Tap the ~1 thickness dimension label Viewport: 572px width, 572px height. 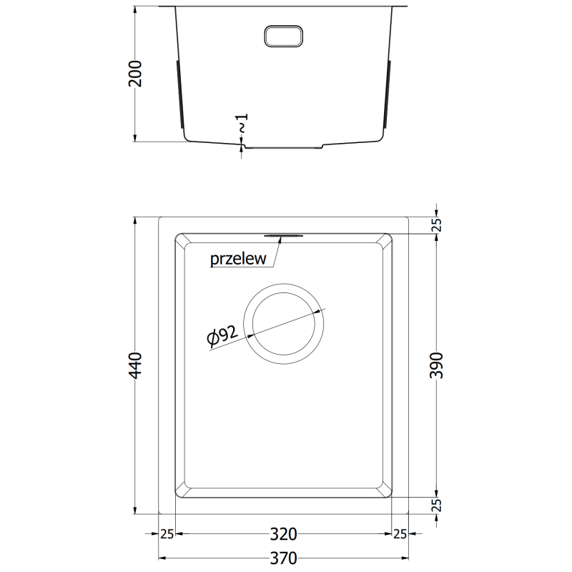click(x=242, y=124)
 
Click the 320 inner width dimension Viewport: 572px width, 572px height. click(x=283, y=534)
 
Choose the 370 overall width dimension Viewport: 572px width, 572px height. click(x=283, y=558)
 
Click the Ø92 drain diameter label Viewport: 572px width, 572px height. click(x=222, y=335)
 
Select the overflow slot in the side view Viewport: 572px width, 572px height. click(x=285, y=36)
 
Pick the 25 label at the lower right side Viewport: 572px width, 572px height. click(x=438, y=506)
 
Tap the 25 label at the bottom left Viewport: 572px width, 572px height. click(x=167, y=534)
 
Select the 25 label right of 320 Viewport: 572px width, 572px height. click(x=400, y=534)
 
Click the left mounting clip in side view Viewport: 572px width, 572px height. click(x=179, y=92)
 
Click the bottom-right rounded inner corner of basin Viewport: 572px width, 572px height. click(x=387, y=490)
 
